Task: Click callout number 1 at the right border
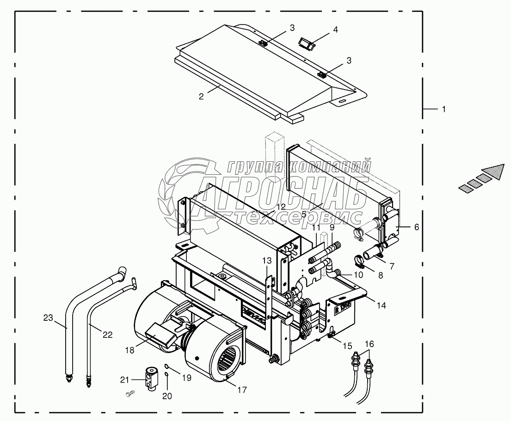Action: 443,110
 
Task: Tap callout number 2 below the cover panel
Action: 201,97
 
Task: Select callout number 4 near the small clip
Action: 335,30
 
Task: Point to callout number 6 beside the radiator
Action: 416,227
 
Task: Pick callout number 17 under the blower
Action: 242,390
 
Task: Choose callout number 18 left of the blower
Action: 129,350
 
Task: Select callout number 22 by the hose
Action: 107,335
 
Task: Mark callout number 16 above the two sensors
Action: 369,344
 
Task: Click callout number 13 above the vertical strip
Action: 267,262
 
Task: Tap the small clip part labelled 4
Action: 306,44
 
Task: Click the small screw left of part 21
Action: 129,393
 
